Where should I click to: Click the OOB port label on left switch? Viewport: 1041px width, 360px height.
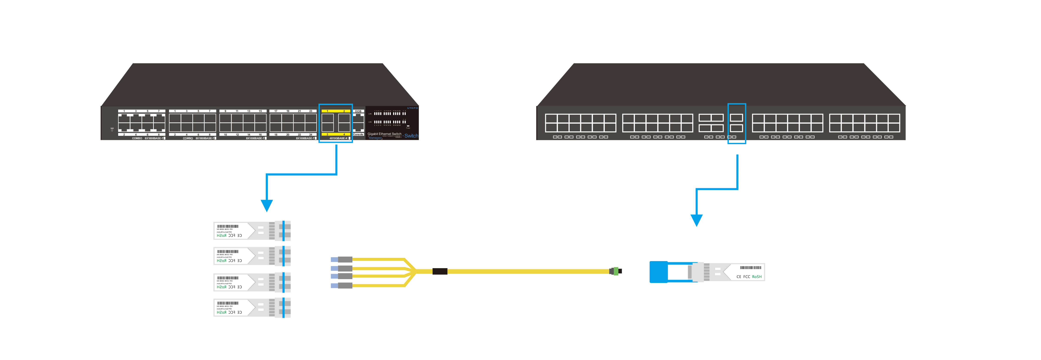click(x=358, y=111)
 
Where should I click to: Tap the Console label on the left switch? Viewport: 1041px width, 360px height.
click(x=358, y=135)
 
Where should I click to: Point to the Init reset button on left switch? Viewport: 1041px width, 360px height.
click(x=112, y=130)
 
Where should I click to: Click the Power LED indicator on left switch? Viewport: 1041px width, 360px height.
click(x=408, y=126)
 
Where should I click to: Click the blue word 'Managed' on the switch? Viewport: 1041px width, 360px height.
click(x=375, y=138)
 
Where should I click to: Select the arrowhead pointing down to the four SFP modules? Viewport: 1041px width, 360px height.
click(x=267, y=205)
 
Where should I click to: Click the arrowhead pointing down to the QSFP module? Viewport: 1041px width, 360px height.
click(x=696, y=220)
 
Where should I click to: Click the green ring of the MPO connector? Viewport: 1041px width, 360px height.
click(x=616, y=271)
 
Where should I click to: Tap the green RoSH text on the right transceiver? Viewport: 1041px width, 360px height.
click(x=756, y=277)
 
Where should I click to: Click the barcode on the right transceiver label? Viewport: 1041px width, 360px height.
click(x=750, y=268)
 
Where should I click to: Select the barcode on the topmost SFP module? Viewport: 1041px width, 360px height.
click(x=228, y=226)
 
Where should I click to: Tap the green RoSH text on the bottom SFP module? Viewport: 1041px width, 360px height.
click(x=222, y=312)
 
